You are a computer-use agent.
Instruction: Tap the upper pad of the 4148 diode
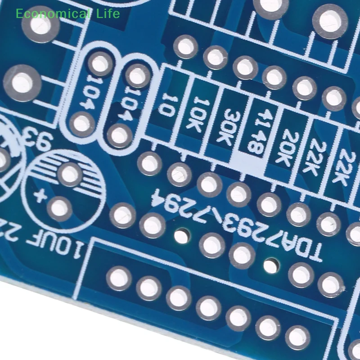[x=274, y=77]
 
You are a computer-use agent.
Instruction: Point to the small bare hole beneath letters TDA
[x=269, y=265]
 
